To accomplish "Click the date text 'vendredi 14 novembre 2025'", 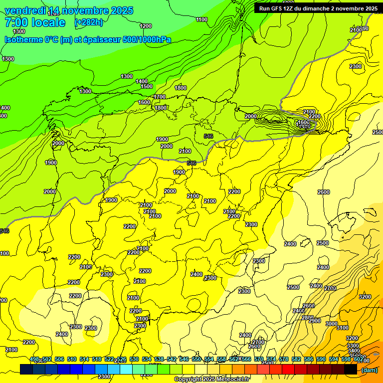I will [x=69, y=10].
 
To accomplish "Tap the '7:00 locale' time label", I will [x=35, y=22].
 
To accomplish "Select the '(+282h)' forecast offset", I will [x=89, y=22].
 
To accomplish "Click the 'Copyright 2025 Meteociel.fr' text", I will [x=212, y=379].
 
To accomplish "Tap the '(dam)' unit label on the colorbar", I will [x=369, y=370].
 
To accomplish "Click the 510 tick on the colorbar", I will [x=72, y=359].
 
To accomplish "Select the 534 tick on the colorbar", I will [x=147, y=359].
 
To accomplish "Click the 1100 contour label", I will [x=201, y=19].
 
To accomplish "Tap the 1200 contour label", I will [x=146, y=26].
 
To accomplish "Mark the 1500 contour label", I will [x=147, y=86].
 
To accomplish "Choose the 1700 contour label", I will [x=160, y=97].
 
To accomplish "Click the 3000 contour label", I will [x=331, y=324].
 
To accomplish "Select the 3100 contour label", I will [x=342, y=328].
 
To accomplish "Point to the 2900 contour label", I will [x=315, y=321].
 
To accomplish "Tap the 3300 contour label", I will [x=353, y=346].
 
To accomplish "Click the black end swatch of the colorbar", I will [x=351, y=370].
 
